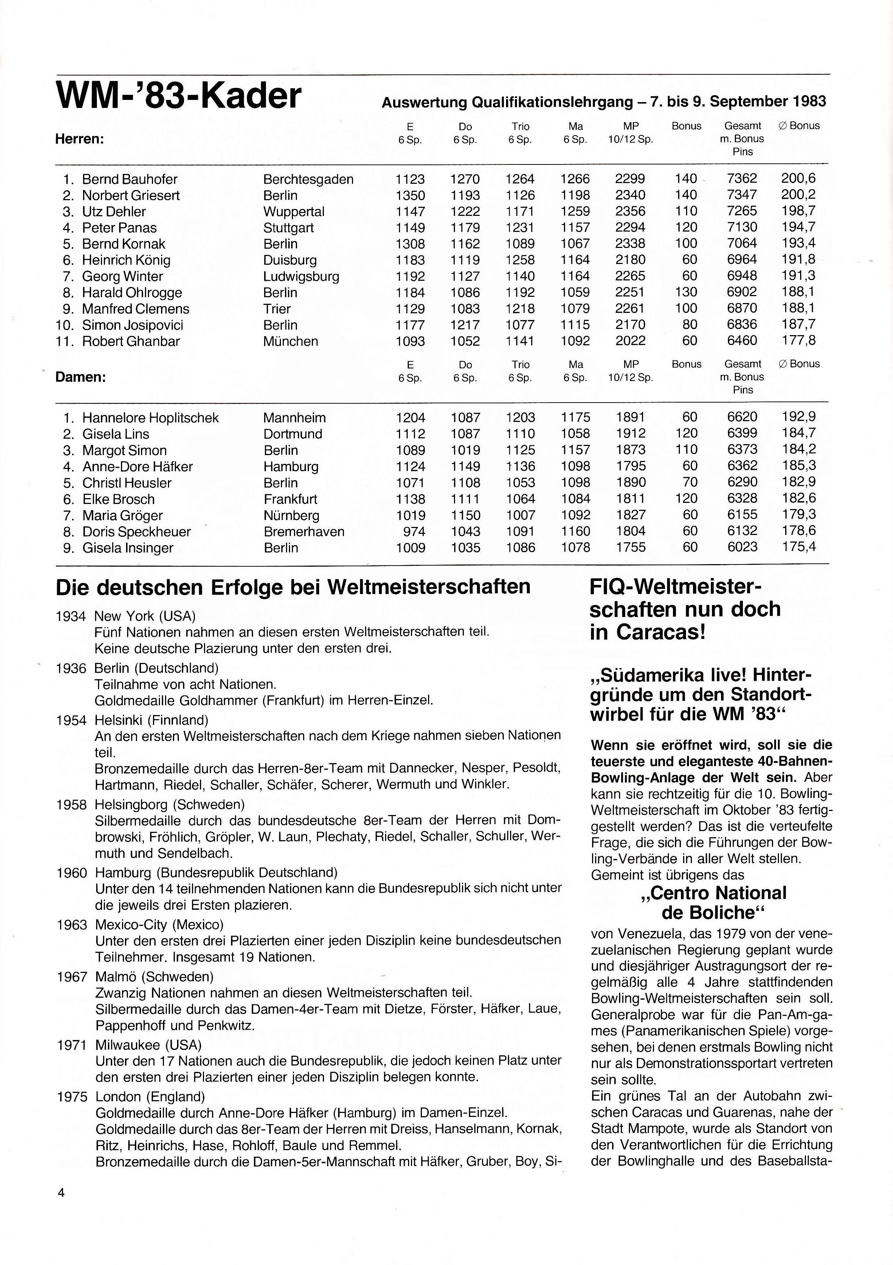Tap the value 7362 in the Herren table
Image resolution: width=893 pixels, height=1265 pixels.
[x=741, y=179]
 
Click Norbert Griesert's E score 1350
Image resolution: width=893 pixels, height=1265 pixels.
[x=410, y=195]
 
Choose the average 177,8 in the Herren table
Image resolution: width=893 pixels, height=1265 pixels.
[x=798, y=341]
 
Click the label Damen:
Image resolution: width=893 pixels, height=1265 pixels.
[x=81, y=377]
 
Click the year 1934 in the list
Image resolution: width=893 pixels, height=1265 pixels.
[x=71, y=616]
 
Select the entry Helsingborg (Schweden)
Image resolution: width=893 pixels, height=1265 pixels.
[x=169, y=804]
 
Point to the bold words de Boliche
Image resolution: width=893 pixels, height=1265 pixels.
[x=713, y=913]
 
